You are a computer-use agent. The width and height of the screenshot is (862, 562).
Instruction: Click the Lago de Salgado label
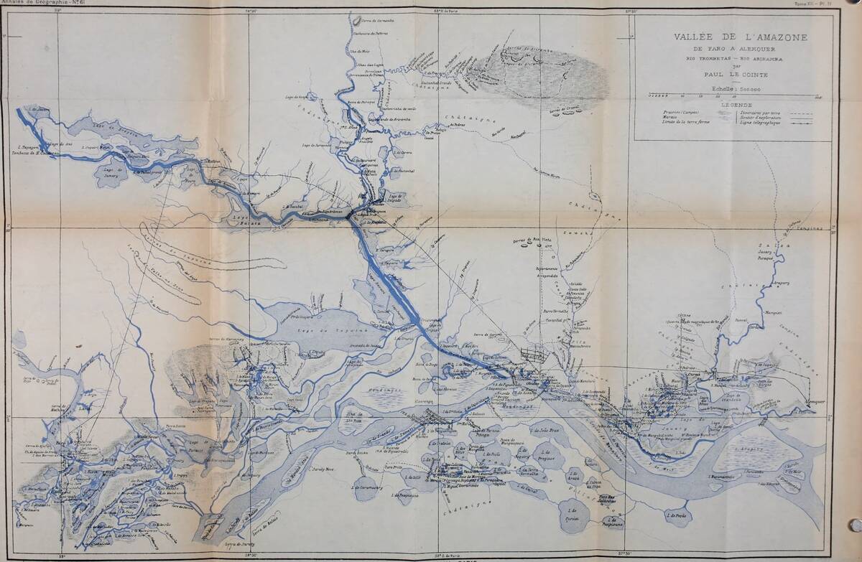394,197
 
